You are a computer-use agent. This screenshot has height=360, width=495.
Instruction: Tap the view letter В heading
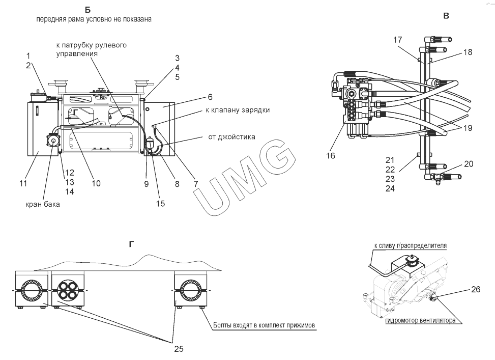(446, 16)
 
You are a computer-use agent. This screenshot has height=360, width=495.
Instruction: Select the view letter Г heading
(132, 244)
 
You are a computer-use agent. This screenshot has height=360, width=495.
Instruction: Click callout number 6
(182, 96)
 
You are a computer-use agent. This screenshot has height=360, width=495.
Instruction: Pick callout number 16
(331, 156)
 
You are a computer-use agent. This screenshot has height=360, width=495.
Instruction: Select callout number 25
(178, 349)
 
